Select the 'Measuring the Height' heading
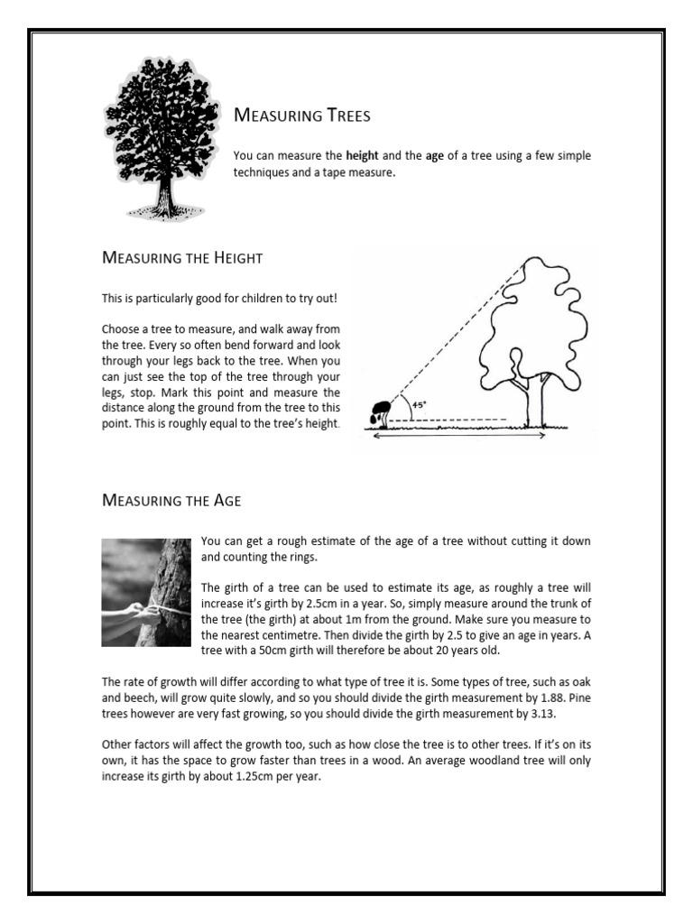point(182,258)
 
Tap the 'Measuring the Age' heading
point(171,499)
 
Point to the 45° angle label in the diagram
point(420,405)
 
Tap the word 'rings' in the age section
point(293,558)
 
